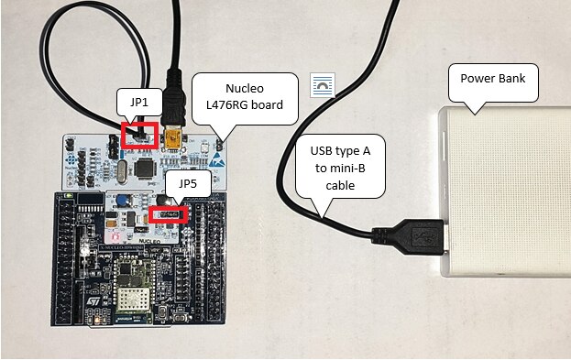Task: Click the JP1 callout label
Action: click(139, 102)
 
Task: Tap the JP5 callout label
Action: click(188, 183)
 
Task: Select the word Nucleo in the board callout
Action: click(245, 89)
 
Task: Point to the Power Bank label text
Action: click(493, 78)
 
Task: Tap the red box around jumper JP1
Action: click(139, 136)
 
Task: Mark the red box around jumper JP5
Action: click(169, 214)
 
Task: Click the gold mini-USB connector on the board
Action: click(173, 138)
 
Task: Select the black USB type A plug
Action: click(408, 235)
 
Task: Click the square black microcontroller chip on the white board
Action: click(146, 169)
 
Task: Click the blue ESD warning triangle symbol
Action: click(216, 160)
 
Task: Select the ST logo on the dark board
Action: click(93, 301)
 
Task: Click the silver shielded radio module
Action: click(133, 299)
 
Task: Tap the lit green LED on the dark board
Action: click(68, 195)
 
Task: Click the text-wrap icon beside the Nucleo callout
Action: click(323, 85)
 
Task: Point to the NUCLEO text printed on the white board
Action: click(149, 241)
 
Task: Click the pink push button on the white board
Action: click(115, 237)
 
